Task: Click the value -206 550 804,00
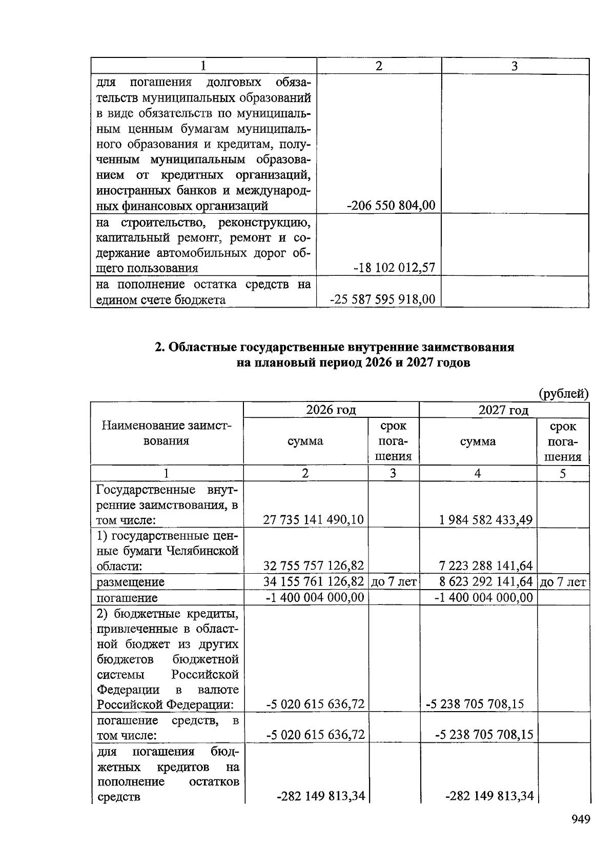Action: (x=391, y=206)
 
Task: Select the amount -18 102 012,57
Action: (x=394, y=268)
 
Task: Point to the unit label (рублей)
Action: (x=563, y=394)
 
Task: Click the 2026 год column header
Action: (x=331, y=410)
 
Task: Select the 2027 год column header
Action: (x=503, y=410)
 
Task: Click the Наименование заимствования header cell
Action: (x=166, y=433)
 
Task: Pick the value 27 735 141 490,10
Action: (x=313, y=520)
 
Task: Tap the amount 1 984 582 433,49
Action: (x=486, y=520)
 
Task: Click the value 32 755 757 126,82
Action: (x=313, y=566)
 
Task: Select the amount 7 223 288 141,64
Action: (x=486, y=566)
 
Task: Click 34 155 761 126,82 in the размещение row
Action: (x=313, y=582)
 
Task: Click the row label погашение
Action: (x=127, y=598)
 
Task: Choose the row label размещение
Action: (x=131, y=582)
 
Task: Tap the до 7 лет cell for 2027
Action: (x=563, y=582)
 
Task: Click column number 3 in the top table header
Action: (x=515, y=66)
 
